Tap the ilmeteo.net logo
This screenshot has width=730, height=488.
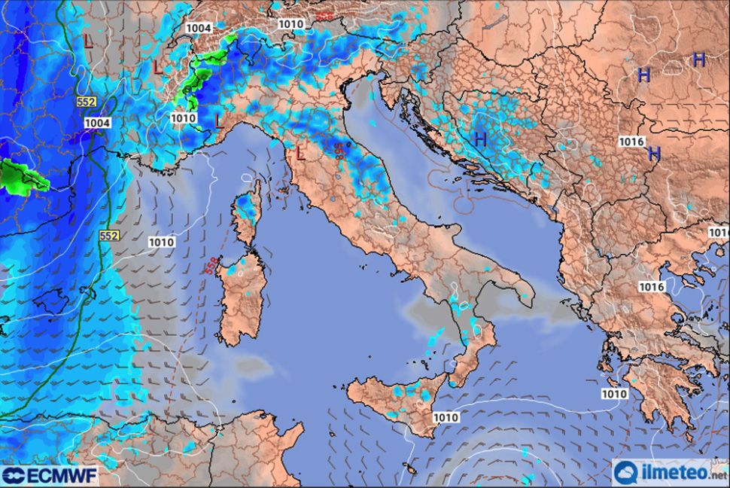click(669, 473)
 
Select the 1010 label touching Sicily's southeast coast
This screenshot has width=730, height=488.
click(446, 417)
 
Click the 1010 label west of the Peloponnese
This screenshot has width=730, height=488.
click(614, 394)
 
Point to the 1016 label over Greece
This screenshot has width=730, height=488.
click(651, 287)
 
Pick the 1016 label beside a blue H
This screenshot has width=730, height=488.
click(631, 142)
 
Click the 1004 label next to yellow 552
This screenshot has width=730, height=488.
click(97, 123)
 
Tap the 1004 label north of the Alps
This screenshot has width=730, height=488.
click(198, 28)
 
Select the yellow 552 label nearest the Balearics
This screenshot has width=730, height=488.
click(108, 236)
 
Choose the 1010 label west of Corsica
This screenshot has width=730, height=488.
click(162, 242)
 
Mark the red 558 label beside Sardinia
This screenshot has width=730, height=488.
click(208, 265)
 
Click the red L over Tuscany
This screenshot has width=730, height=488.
click(300, 154)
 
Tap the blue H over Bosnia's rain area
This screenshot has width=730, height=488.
click(480, 139)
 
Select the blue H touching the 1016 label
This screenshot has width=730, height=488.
click(653, 154)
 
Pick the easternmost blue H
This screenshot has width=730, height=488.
click(698, 60)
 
